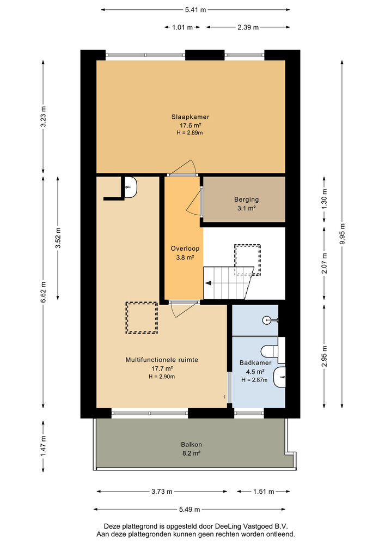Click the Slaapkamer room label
[190, 117]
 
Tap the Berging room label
[246, 199]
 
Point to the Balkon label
[189, 444]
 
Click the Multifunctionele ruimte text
[162, 360]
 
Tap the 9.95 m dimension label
[341, 233]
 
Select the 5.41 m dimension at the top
[195, 10]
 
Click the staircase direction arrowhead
[208, 283]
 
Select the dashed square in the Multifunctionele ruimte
[142, 318]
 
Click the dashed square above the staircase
[247, 259]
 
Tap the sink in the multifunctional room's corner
[130, 187]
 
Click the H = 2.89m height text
[190, 132]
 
